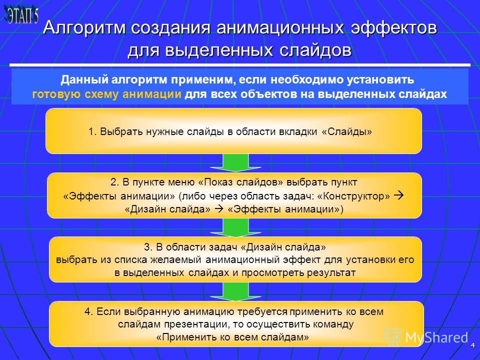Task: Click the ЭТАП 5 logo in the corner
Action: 21,15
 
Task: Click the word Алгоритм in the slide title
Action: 84,27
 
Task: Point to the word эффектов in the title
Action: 393,27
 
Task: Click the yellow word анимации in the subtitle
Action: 152,94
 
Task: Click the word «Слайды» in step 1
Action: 347,131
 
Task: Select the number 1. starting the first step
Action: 92,131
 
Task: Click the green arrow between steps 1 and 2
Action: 235,162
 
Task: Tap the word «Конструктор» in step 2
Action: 353,196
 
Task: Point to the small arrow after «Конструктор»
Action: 398,195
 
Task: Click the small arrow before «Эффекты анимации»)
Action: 219,209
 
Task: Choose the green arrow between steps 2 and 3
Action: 235,227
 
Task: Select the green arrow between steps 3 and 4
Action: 235,291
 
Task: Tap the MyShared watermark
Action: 426,337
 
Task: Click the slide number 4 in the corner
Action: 472,345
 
